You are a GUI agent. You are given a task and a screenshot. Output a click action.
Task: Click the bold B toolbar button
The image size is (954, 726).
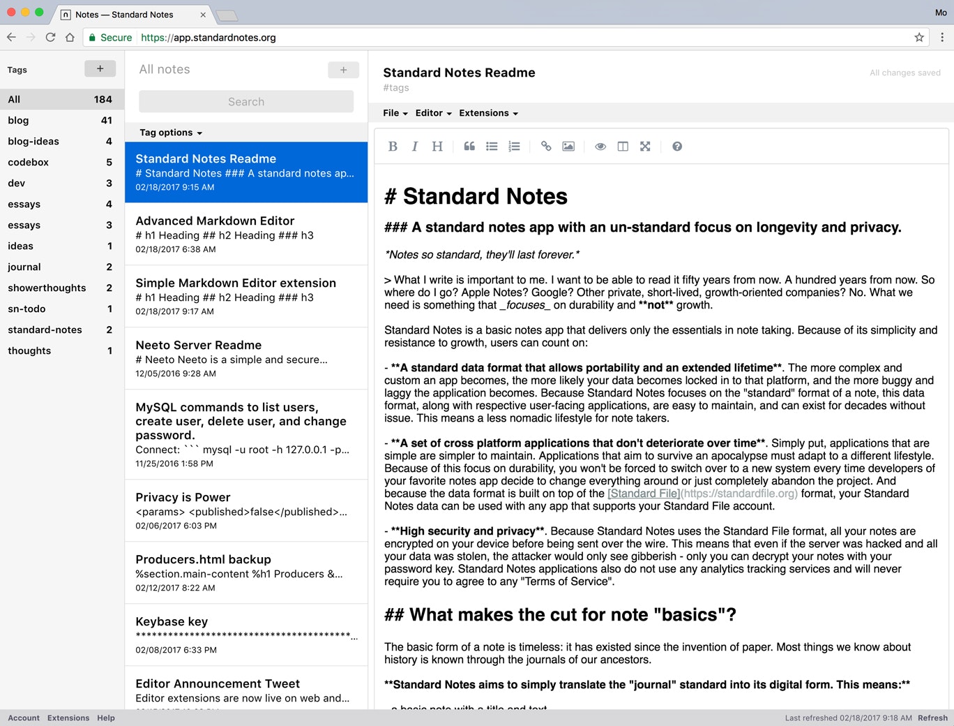(x=393, y=147)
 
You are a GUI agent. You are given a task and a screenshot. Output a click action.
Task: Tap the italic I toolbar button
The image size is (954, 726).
(x=415, y=147)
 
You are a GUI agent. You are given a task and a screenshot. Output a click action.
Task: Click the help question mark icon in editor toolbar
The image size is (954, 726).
(x=676, y=147)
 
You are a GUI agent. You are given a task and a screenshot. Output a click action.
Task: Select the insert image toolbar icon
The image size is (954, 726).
(x=568, y=147)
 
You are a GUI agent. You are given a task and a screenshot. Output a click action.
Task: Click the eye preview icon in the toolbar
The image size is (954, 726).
(x=600, y=147)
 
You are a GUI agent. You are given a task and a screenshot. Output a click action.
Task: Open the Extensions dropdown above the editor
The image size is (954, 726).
(x=488, y=113)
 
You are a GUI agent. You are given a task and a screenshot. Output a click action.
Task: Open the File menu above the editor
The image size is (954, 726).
(x=395, y=113)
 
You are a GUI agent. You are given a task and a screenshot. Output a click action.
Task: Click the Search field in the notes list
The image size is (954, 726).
(x=246, y=102)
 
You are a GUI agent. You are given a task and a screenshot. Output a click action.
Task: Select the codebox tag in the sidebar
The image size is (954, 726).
(x=29, y=162)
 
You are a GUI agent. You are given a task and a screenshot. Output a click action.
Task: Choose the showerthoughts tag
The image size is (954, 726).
(x=47, y=288)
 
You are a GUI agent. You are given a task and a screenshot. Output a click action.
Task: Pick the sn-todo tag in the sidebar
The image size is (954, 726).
(x=26, y=309)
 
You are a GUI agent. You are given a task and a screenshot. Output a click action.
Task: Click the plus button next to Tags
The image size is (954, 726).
(x=100, y=68)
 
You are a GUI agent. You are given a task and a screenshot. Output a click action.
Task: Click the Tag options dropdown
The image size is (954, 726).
(x=171, y=133)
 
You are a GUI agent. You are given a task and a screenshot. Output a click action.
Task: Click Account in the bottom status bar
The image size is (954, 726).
(x=24, y=718)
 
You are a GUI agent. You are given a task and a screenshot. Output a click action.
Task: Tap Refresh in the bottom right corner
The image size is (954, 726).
(x=932, y=718)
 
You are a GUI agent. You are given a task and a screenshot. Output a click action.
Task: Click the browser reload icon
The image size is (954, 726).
(x=50, y=38)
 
